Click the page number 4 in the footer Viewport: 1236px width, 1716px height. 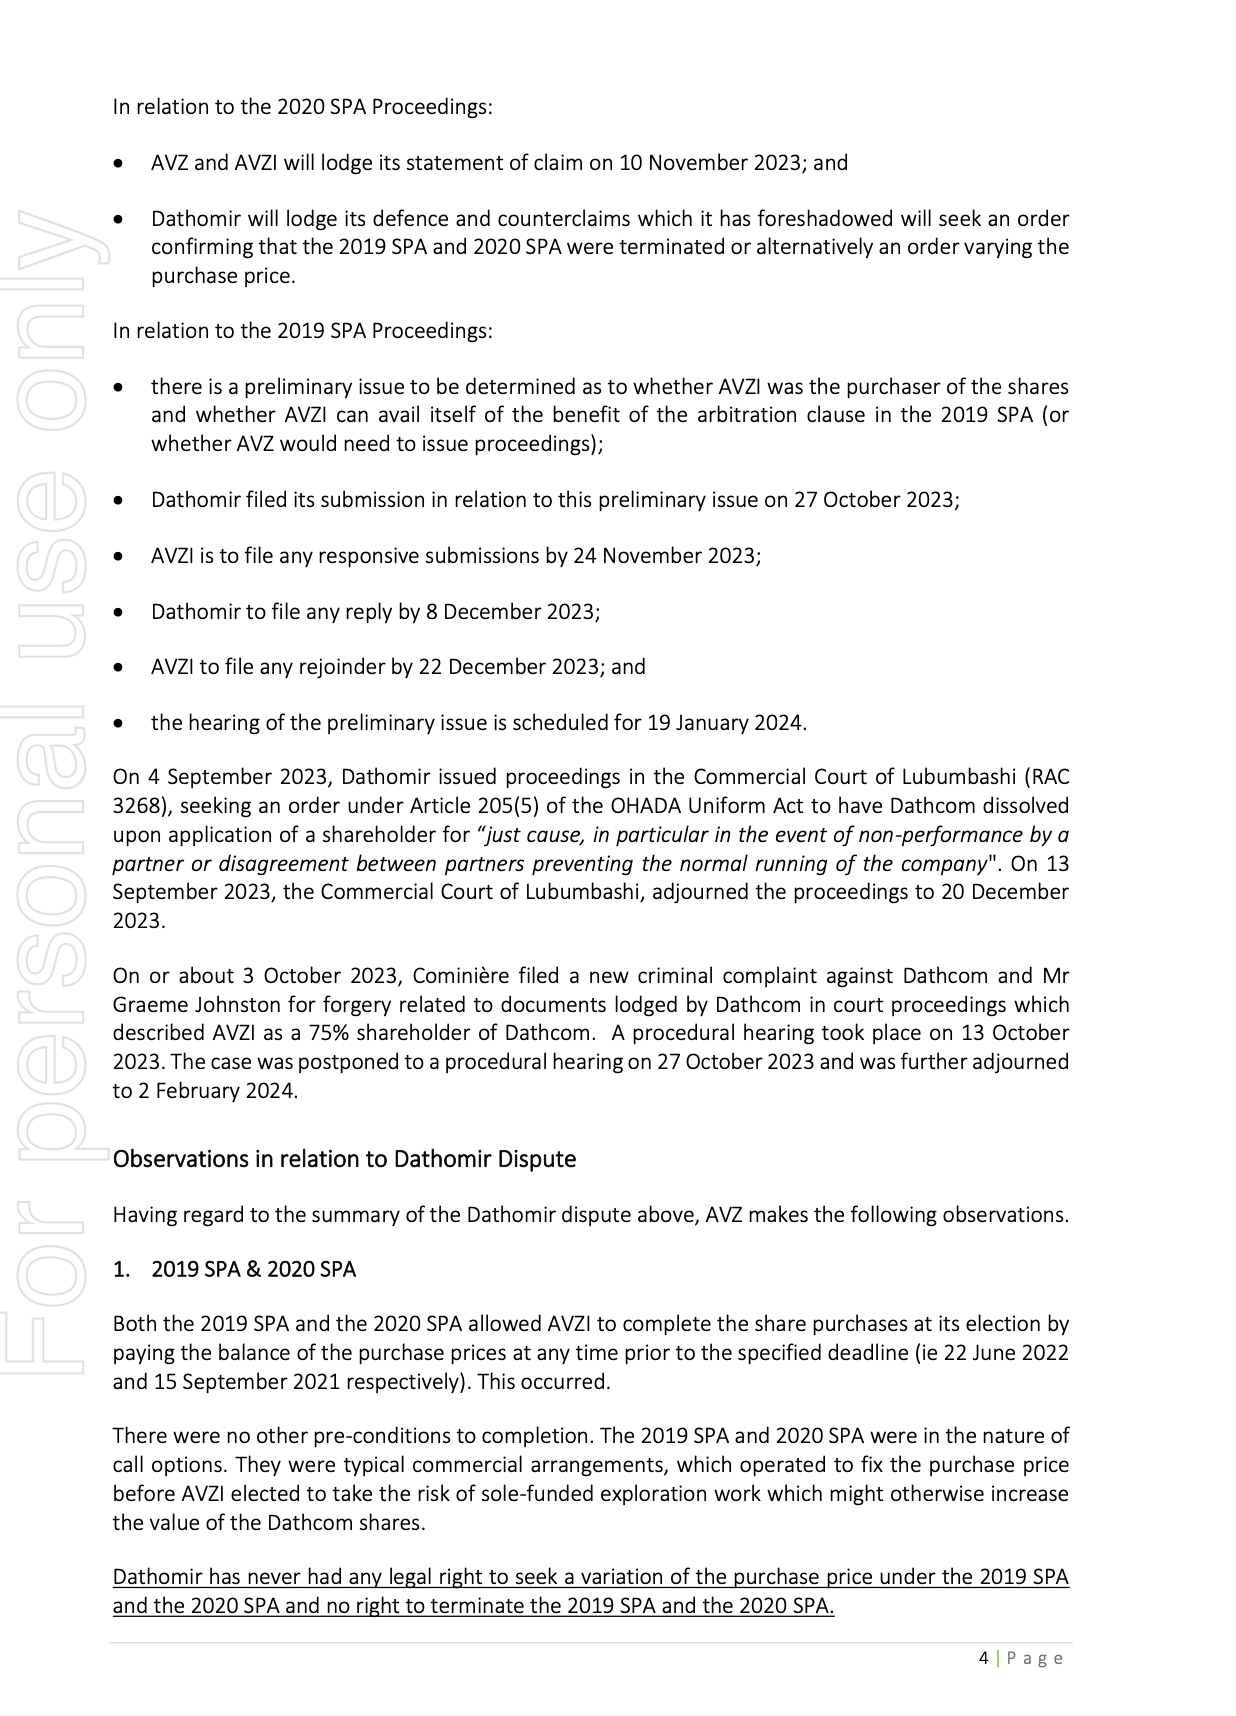(x=983, y=1658)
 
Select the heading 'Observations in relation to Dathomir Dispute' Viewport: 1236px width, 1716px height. (x=344, y=1159)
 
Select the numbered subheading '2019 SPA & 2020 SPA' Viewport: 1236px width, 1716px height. (x=253, y=1269)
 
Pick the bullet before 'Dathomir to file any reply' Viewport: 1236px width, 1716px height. (x=120, y=612)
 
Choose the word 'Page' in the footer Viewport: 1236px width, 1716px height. (x=1035, y=1658)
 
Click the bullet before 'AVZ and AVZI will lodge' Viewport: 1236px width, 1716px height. (x=120, y=163)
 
